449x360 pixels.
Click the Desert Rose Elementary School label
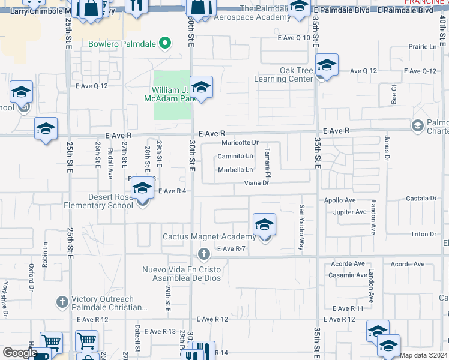click(x=98, y=201)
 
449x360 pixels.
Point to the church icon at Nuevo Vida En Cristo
click(x=203, y=254)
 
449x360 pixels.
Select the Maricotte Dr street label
click(x=240, y=143)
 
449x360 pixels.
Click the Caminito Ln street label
click(x=235, y=156)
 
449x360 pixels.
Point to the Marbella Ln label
click(x=235, y=170)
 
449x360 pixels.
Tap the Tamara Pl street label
click(x=268, y=162)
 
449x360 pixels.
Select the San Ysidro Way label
click(x=302, y=227)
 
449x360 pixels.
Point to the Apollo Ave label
click(x=340, y=200)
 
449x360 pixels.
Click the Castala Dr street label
click(x=421, y=198)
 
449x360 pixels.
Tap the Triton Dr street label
click(x=423, y=234)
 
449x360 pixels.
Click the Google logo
click(x=20, y=353)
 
